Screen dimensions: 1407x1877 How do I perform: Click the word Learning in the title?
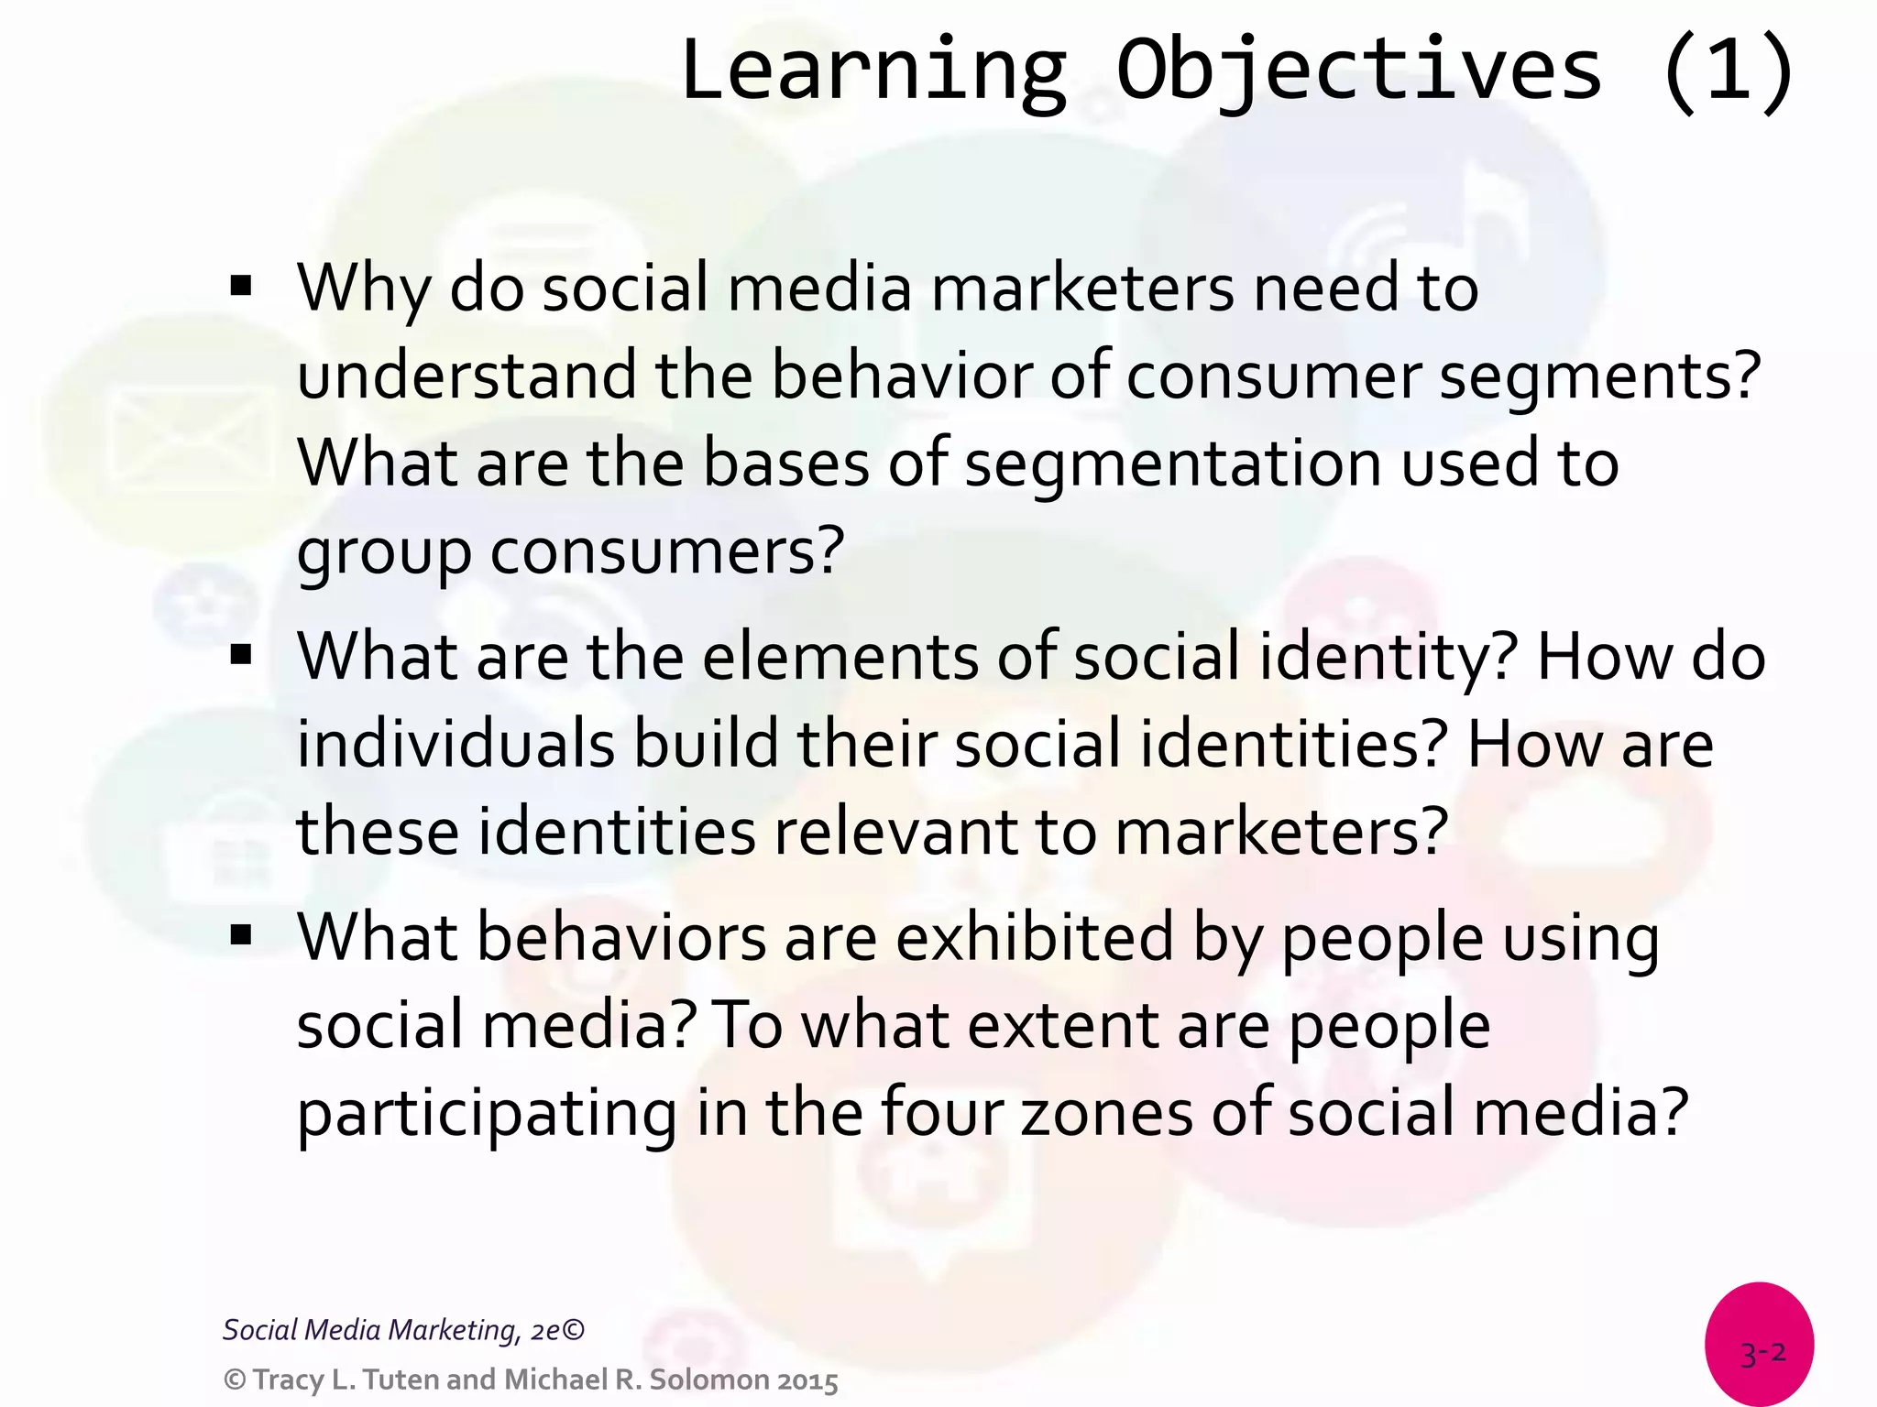pos(873,71)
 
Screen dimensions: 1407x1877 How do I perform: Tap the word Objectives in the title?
pos(1359,71)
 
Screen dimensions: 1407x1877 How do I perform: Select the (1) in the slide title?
pos(1729,71)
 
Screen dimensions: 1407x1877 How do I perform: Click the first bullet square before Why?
pos(241,286)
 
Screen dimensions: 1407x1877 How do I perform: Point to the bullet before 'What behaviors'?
pos(241,934)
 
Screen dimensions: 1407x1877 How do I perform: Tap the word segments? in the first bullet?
pos(1600,377)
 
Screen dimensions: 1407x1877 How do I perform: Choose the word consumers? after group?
pos(667,551)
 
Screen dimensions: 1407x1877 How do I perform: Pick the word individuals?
pos(456,744)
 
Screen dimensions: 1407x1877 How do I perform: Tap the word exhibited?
pos(1034,938)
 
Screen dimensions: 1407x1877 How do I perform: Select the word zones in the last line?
pos(1106,1112)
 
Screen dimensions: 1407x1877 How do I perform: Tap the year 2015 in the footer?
pos(807,1380)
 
